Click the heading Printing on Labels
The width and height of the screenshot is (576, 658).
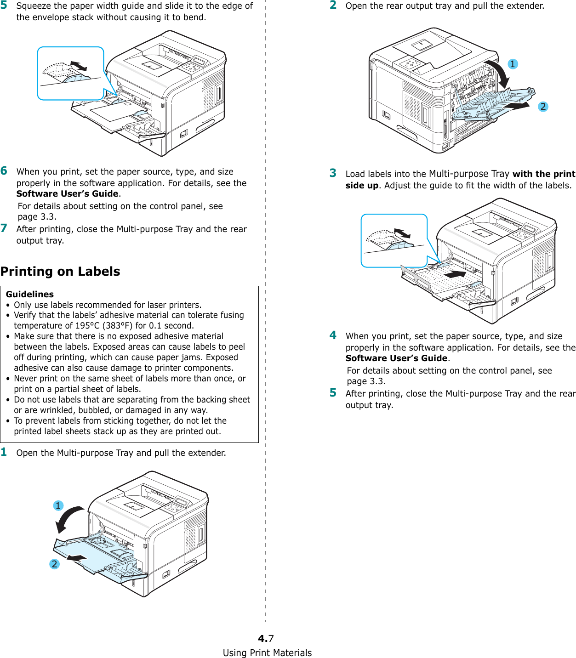pos(60,272)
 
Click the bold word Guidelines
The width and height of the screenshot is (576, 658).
pos(30,294)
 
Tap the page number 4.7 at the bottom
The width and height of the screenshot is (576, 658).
pos(266,638)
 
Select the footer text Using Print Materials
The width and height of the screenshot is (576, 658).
pos(267,653)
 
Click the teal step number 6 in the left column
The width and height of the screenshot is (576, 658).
pos(4,171)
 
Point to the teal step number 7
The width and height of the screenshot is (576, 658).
pos(4,228)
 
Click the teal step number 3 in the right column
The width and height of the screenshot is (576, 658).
pos(333,173)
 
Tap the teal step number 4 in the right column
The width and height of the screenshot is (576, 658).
pos(333,335)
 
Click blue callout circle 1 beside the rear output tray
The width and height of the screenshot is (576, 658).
pos(513,64)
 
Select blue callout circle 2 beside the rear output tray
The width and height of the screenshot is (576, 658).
pos(543,107)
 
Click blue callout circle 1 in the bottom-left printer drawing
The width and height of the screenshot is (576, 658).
pos(58,505)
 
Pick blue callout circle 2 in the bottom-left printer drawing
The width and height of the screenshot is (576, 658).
pos(54,564)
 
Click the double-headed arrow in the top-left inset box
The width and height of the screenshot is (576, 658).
pos(78,66)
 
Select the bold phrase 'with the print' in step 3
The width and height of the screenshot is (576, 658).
pos(544,174)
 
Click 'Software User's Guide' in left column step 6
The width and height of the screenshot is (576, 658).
pos(68,194)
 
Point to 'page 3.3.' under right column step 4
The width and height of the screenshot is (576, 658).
pos(366,381)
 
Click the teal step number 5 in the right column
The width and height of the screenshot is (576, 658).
pos(333,393)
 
